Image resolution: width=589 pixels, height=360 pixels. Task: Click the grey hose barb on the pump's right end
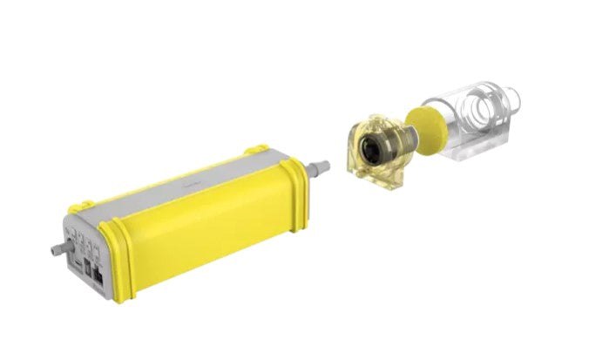[320, 164]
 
